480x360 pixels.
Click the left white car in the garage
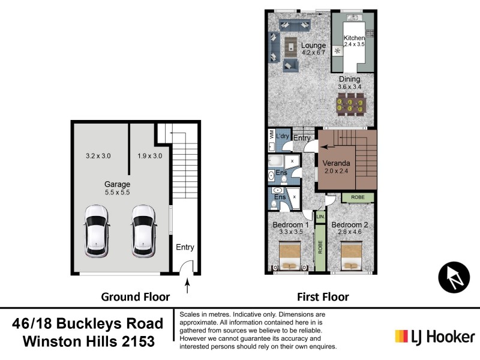[x=96, y=232]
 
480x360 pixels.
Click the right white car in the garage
[x=144, y=232]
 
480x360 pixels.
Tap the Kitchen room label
[x=354, y=38]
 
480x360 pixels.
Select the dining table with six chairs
[x=350, y=104]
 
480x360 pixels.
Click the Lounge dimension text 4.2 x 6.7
[x=313, y=53]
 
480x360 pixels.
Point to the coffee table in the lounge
[x=291, y=47]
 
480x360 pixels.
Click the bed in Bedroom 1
[x=290, y=256]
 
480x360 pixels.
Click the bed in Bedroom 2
[x=352, y=256]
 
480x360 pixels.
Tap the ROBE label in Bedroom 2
[x=358, y=197]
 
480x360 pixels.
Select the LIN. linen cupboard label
[x=320, y=217]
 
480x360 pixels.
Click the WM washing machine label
[x=272, y=134]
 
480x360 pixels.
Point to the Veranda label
[x=336, y=163]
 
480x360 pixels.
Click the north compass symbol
[x=454, y=277]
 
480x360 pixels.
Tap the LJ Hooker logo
[x=434, y=337]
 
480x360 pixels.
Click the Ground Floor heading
[x=136, y=297]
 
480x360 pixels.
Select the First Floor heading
[x=323, y=297]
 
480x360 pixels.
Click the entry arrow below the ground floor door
[x=187, y=286]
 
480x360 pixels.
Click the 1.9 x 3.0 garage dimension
[x=149, y=156]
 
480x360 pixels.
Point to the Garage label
[x=117, y=184]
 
